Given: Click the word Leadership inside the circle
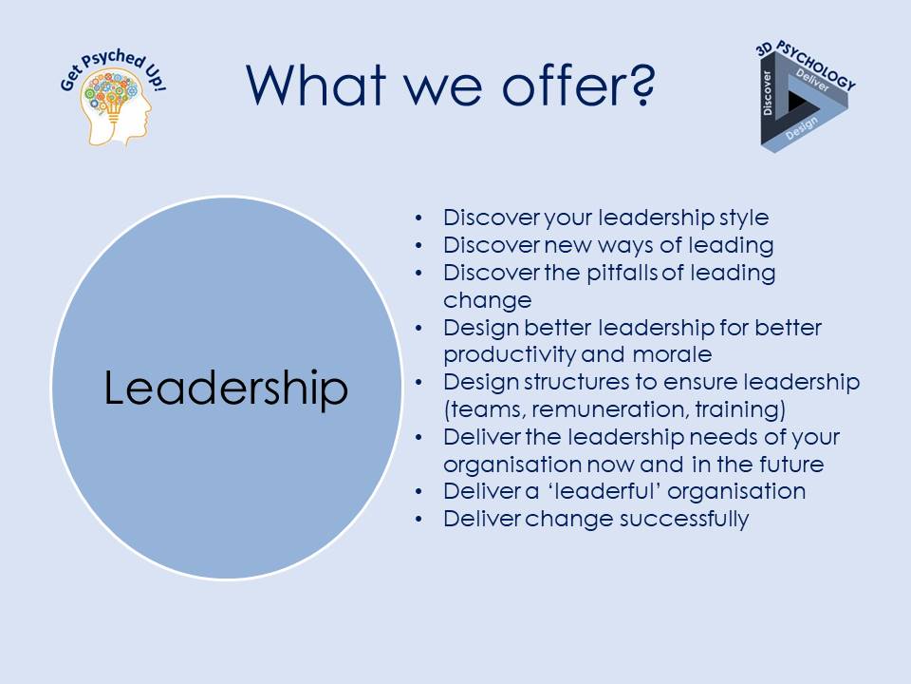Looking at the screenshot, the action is pyautogui.click(x=226, y=388).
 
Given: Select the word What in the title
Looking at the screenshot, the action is pyautogui.click(x=317, y=85).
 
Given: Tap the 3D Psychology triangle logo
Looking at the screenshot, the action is pyautogui.click(x=805, y=97).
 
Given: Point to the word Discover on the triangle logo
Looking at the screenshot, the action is pyautogui.click(x=768, y=93).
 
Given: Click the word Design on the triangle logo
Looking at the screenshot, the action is pyautogui.click(x=801, y=128).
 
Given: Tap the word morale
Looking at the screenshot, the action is pyautogui.click(x=672, y=354).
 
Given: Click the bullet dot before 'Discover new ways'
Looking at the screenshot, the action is pyautogui.click(x=418, y=245).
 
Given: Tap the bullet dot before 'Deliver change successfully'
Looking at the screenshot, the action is pyautogui.click(x=418, y=519).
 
